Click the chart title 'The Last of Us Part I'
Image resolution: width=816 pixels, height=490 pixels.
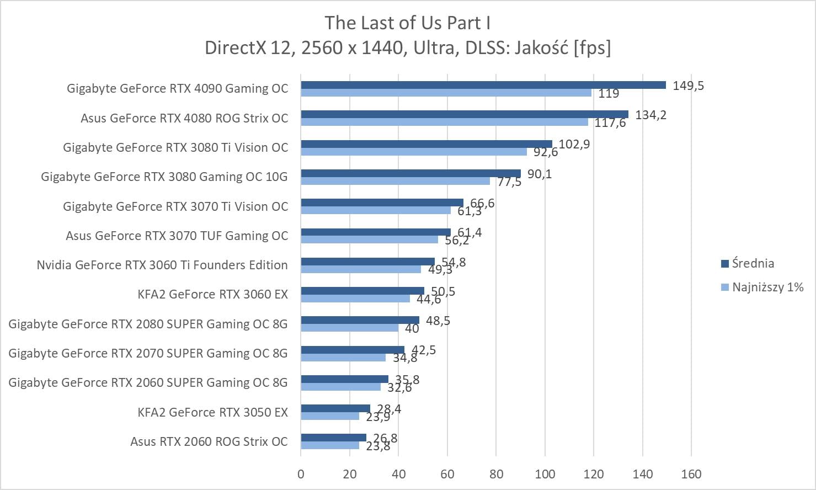(407, 23)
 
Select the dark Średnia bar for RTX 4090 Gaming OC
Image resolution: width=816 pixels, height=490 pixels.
(483, 85)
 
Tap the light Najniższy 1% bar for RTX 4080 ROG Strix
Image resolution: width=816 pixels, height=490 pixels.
(444, 122)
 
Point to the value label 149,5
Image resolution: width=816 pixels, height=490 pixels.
(688, 86)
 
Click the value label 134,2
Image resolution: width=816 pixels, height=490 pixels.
(650, 115)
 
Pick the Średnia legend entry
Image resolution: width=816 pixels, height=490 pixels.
(753, 263)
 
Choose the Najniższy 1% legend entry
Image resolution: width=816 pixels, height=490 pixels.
(767, 287)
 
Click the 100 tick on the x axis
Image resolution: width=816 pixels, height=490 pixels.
(545, 474)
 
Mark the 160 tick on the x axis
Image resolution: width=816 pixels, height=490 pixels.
(691, 474)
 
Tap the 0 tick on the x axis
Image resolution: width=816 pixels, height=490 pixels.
(301, 474)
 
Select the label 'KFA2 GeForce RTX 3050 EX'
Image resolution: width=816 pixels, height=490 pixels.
(212, 412)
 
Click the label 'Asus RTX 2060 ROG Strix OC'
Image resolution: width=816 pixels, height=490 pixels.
(209, 441)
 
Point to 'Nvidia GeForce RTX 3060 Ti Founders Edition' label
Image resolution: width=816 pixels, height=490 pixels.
(162, 265)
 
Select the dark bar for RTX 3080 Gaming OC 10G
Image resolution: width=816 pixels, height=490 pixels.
(410, 173)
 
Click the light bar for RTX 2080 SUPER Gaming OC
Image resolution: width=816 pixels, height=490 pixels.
(349, 328)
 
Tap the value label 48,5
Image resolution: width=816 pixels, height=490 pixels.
(438, 321)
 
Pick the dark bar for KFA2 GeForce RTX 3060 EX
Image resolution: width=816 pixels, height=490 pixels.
(362, 291)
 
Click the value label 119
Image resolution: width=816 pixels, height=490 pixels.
(609, 93)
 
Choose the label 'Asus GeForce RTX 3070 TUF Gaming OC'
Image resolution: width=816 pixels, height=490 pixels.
(177, 236)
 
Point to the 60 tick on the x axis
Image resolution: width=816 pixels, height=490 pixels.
(447, 474)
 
